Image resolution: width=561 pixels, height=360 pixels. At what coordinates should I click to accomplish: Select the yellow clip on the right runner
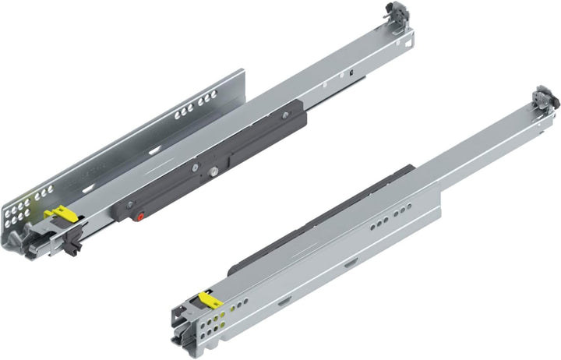(x=209, y=297)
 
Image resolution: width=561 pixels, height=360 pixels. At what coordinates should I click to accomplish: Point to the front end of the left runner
(x=35, y=242)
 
